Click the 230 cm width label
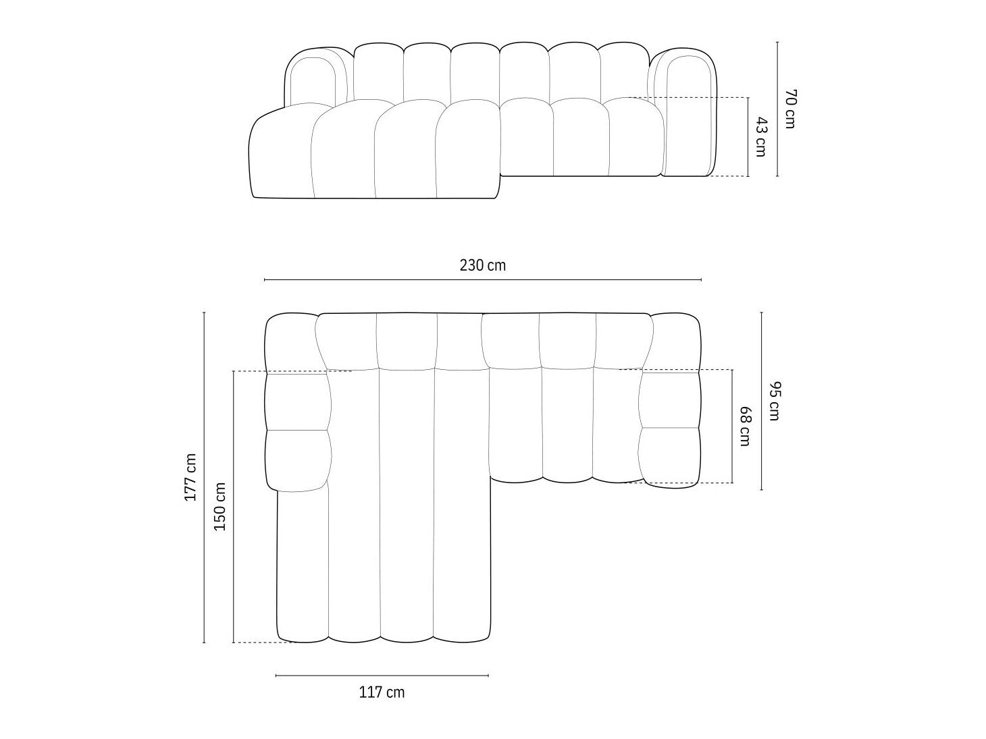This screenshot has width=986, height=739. point(482,266)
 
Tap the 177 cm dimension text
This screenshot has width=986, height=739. point(190,477)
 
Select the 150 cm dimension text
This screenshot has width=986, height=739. point(219,507)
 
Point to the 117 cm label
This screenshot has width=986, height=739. point(382,692)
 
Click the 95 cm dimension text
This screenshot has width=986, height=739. point(775,401)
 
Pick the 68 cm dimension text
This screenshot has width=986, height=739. point(745,427)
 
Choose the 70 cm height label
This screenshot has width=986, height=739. point(790,109)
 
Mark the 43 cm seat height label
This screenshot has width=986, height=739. point(760,137)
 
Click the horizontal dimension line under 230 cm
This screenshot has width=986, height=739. point(482,280)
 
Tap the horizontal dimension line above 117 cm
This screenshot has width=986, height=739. point(382,676)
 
